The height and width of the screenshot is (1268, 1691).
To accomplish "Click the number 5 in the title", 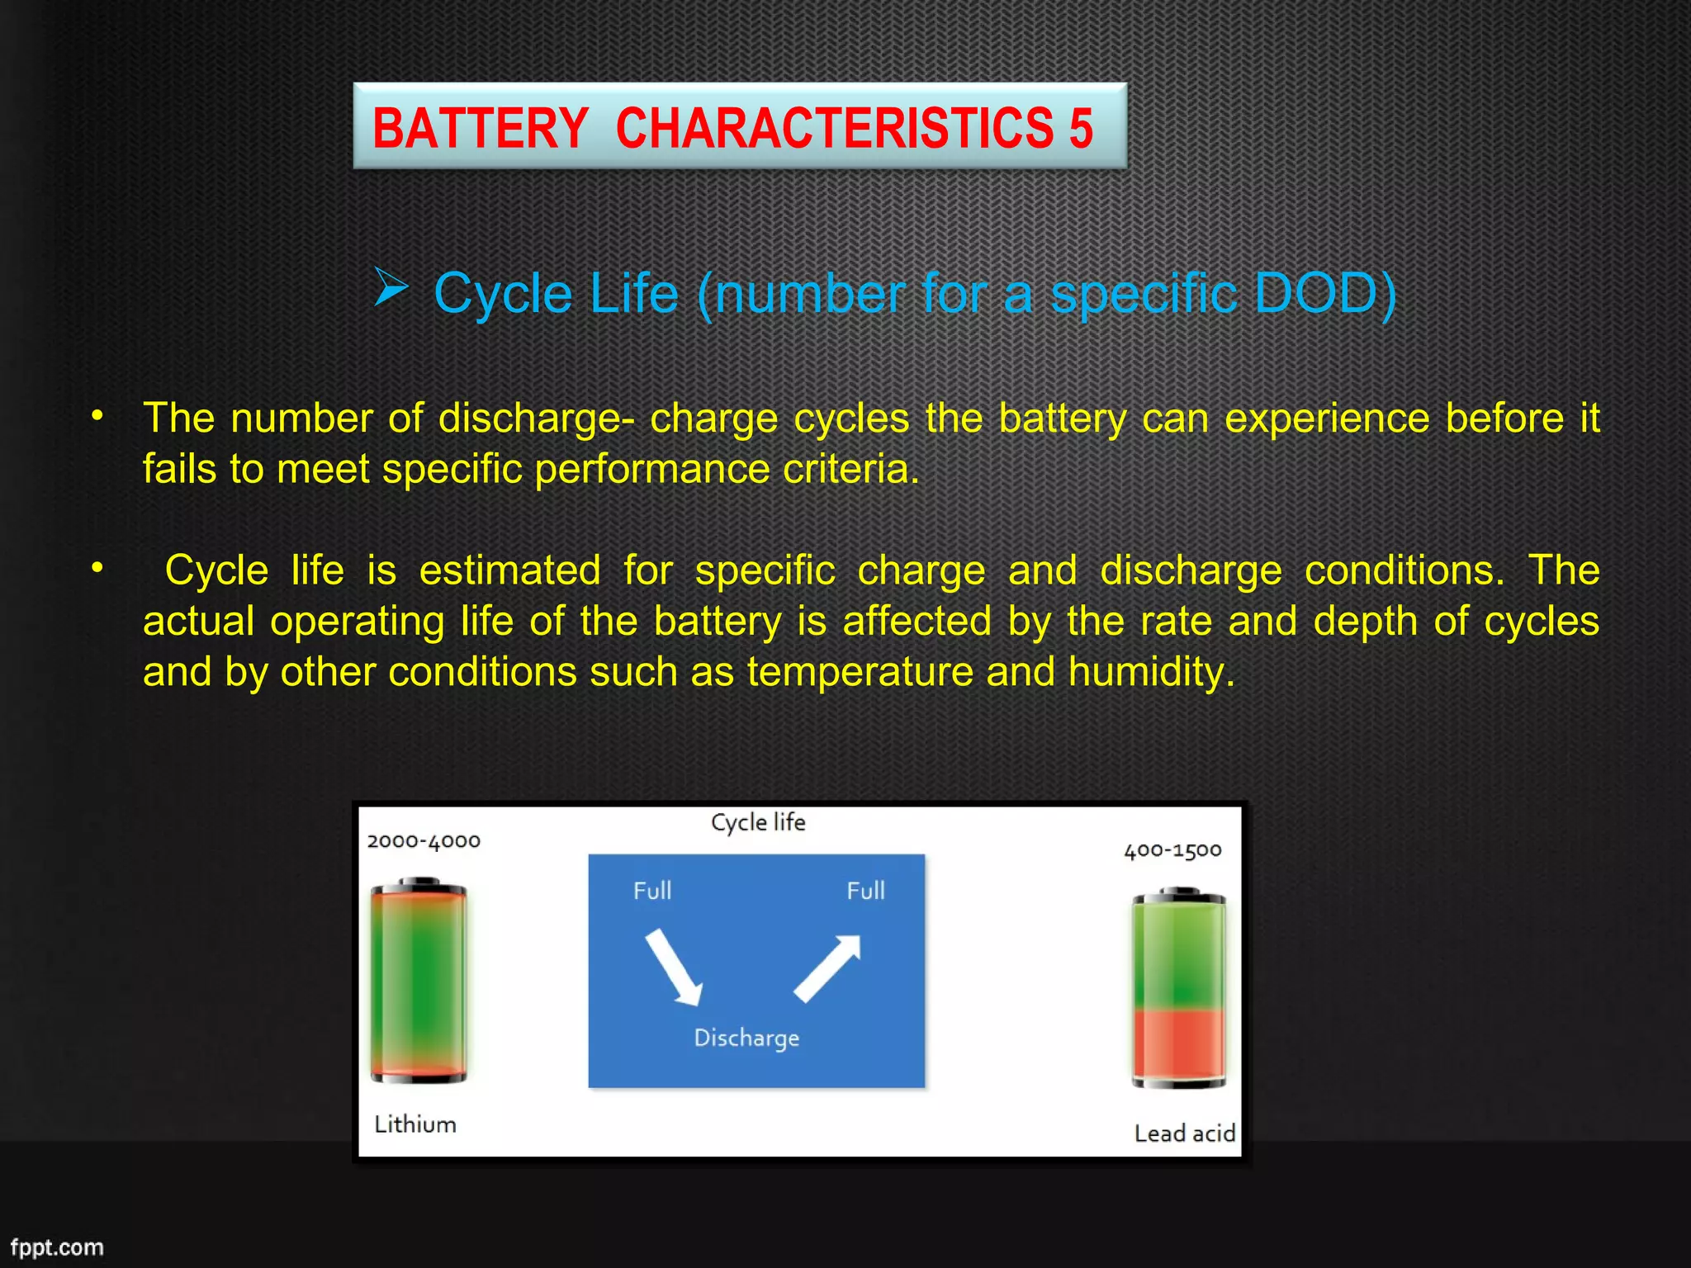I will [1081, 129].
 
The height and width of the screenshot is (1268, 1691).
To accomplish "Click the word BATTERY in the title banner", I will [480, 129].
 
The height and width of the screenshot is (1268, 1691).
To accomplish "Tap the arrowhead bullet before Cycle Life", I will [391, 287].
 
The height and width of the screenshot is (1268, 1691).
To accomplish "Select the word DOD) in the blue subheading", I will [1324, 293].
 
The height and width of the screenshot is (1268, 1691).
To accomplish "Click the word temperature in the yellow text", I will [860, 672].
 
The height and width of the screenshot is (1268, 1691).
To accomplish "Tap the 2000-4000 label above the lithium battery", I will [424, 841].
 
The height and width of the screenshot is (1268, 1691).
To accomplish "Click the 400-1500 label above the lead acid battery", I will [1172, 850].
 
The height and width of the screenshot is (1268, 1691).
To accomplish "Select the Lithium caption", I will [415, 1124].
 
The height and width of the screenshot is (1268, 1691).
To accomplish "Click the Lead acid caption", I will [1184, 1133].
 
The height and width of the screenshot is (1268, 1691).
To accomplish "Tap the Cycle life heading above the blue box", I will [758, 822].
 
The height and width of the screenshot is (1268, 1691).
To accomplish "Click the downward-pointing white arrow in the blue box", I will [674, 967].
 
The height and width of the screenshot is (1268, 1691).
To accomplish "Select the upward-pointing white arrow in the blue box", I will [828, 968].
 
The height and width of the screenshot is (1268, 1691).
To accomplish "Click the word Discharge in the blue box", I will [746, 1038].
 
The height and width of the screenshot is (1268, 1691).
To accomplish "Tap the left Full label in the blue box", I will [652, 891].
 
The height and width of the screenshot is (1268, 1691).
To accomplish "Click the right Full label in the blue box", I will [865, 891].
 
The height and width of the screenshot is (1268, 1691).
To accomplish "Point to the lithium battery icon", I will [419, 981].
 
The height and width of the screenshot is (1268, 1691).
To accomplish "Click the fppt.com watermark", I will [57, 1247].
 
